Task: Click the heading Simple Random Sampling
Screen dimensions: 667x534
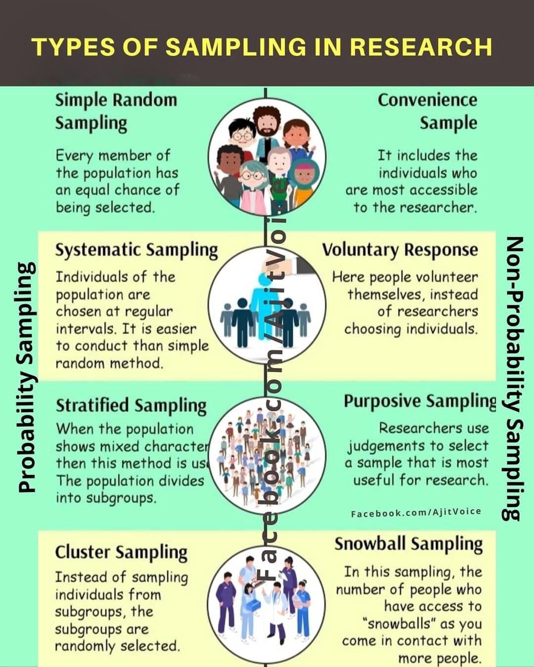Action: coord(116,111)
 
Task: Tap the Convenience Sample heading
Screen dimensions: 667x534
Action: coord(427,111)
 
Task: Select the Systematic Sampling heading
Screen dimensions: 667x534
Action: coord(136,250)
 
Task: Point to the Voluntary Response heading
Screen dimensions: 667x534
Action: coord(400,250)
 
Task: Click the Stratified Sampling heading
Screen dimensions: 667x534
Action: coord(131,405)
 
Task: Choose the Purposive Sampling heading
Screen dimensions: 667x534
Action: coord(420,401)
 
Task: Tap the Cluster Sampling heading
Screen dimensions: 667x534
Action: coord(121,552)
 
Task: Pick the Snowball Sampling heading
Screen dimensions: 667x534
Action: coord(408,543)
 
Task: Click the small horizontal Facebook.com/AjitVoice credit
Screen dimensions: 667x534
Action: coord(416,512)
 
